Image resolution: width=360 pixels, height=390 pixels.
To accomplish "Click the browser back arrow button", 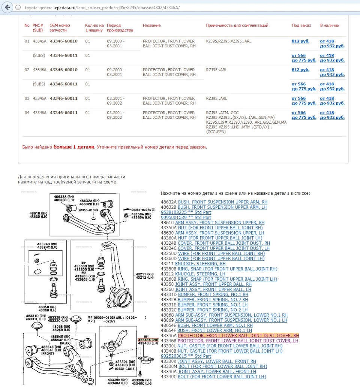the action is point(7,7).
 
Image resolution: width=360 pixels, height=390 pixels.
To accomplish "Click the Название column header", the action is point(151,25).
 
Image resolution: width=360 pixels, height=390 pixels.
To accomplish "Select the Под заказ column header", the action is point(301,25).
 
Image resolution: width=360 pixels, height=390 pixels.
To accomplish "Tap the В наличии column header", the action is point(329,25).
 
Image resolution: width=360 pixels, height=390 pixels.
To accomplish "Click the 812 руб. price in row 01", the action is point(300,41).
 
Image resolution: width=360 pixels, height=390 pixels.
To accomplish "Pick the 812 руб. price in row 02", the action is point(300,70).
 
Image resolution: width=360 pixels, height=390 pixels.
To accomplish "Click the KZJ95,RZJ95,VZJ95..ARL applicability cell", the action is point(228,41).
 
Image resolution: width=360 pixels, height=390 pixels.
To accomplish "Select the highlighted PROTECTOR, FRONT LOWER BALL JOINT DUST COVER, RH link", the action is point(238,336).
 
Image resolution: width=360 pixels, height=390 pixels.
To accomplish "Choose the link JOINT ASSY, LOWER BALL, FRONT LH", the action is point(217,372).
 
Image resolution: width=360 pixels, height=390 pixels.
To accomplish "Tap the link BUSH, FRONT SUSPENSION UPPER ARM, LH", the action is point(222,207).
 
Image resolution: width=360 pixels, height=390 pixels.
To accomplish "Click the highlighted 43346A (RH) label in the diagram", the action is point(148,339).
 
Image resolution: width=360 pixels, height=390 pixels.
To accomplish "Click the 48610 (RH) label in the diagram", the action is point(39,213).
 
